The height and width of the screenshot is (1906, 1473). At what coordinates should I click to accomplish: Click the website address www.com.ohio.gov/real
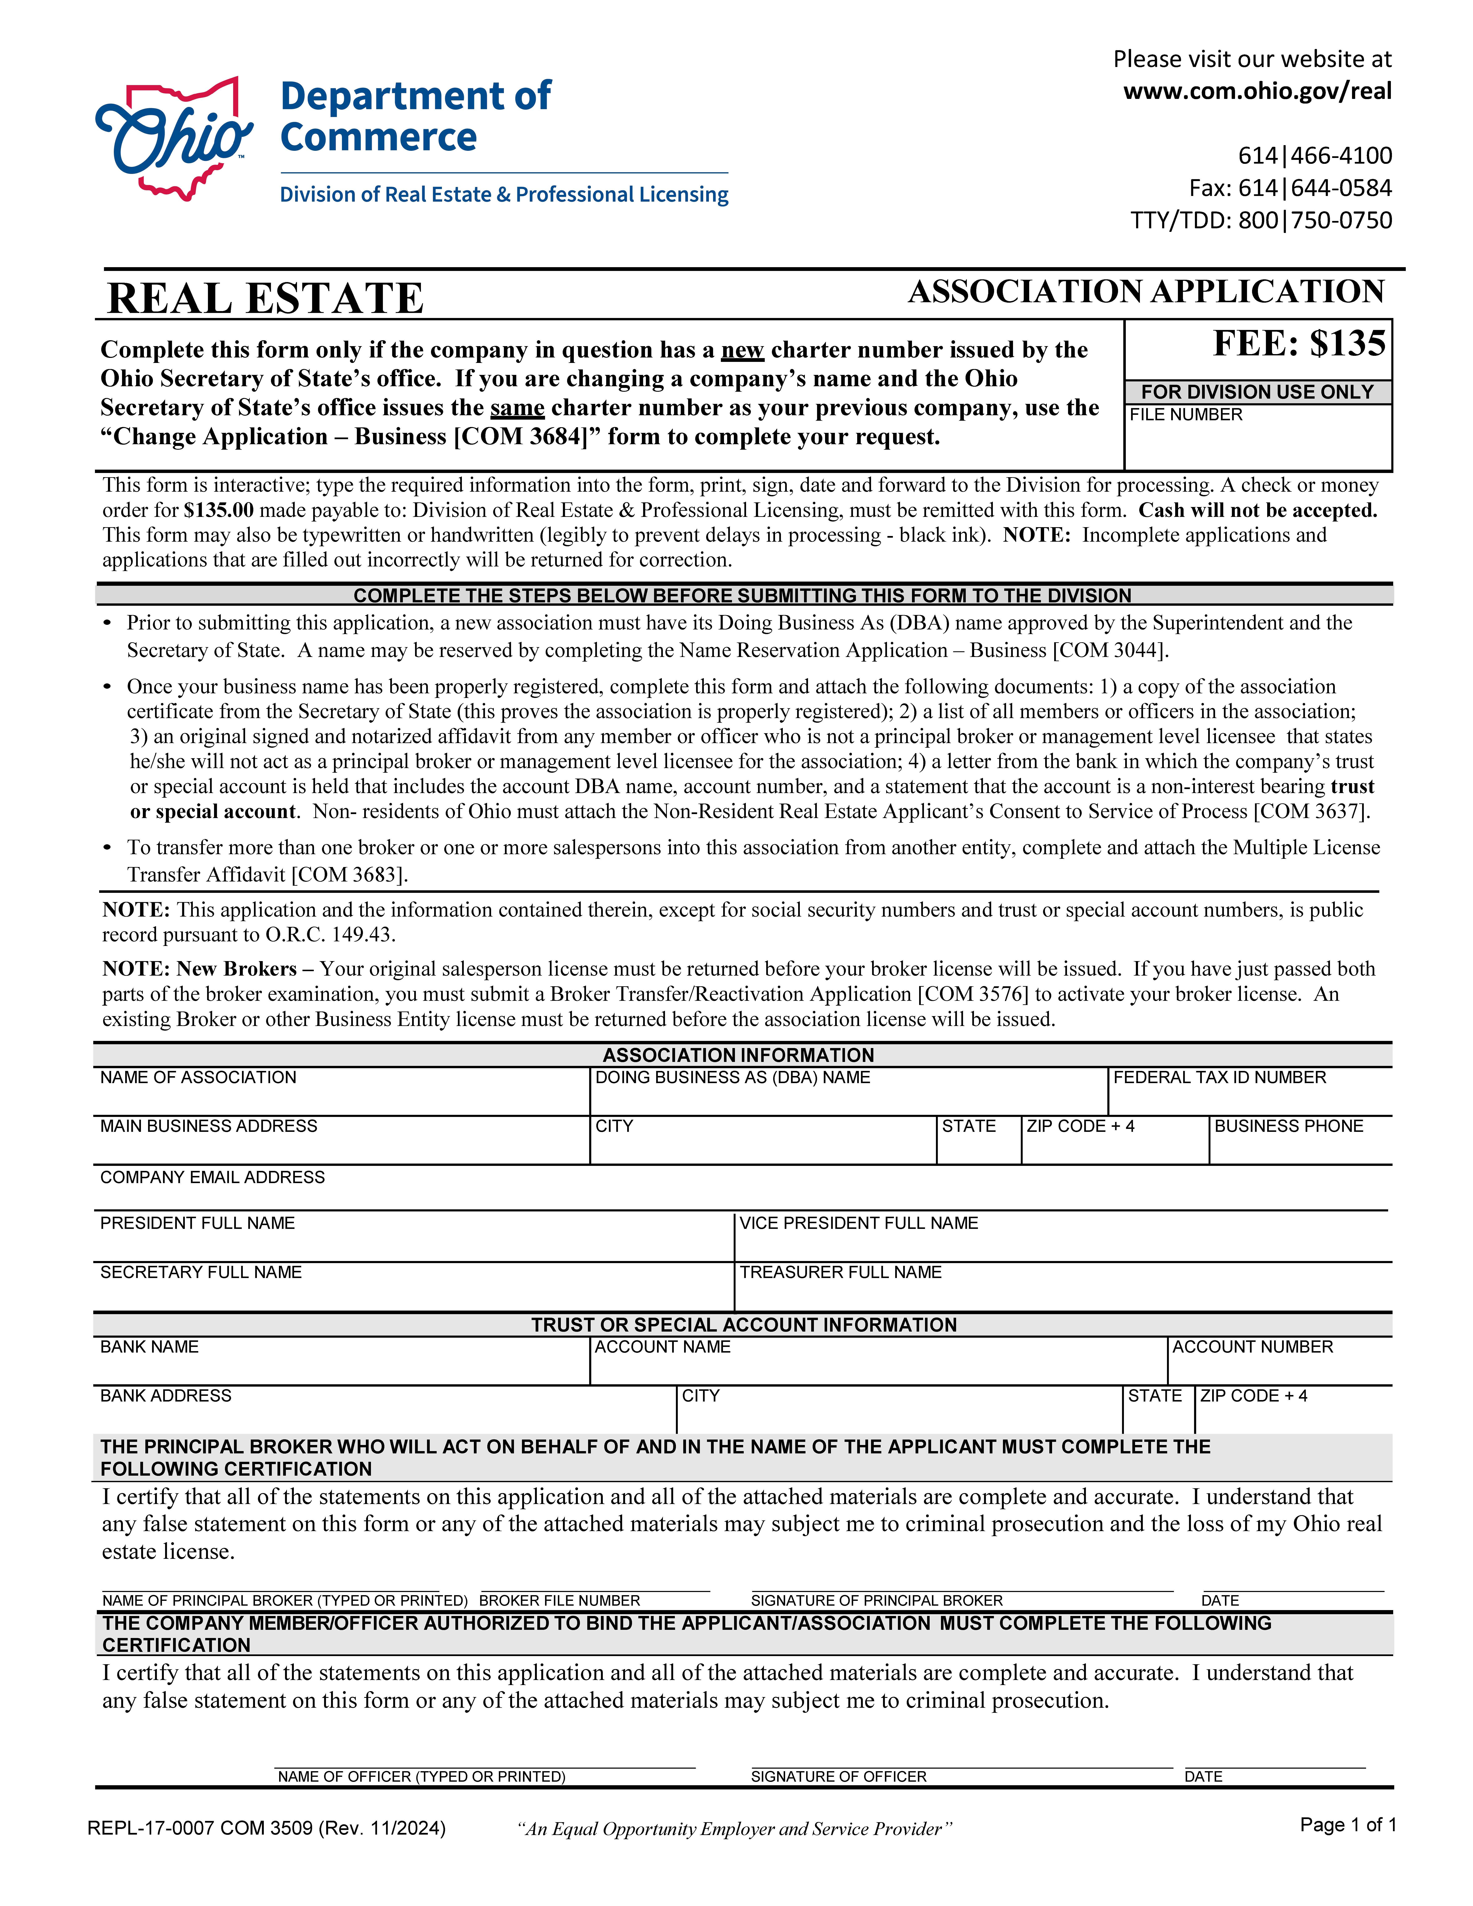1257,91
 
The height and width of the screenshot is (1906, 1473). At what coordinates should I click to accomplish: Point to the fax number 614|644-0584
1290,188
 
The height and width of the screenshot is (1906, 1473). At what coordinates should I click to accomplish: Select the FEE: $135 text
1298,344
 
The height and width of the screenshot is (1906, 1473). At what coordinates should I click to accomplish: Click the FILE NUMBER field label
1185,415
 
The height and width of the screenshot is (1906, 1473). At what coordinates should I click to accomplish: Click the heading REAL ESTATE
265,298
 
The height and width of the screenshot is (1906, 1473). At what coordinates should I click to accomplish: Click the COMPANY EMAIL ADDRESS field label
212,1177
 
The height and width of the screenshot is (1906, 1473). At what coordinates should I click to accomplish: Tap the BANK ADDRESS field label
166,1395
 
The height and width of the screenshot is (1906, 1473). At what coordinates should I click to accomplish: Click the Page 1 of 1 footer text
1347,1825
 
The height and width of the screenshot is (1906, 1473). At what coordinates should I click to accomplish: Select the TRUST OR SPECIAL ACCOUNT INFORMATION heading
744,1325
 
